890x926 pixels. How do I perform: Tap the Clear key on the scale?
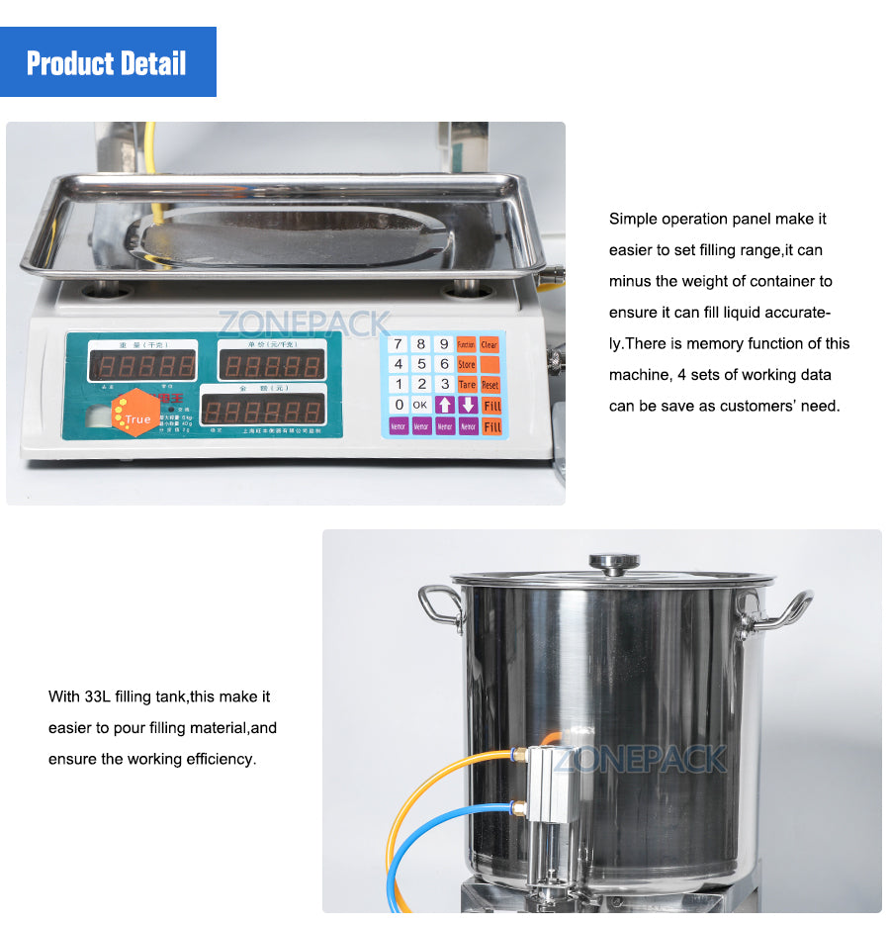click(489, 344)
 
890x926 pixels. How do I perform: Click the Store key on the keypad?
click(467, 364)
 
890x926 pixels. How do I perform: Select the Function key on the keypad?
click(467, 344)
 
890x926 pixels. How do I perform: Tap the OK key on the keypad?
click(420, 405)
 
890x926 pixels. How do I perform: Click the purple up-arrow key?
click(445, 405)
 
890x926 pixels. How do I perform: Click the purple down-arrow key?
click(468, 405)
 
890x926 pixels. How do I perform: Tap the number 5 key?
click(421, 364)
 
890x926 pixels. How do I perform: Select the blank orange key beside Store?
click(490, 364)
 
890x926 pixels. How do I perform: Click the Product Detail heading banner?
click(107, 63)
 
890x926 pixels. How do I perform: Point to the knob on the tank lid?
click(613, 563)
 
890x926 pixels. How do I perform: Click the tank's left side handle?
click(441, 605)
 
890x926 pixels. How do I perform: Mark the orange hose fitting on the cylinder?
click(518, 758)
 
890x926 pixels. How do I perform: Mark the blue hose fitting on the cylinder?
click(518, 806)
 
